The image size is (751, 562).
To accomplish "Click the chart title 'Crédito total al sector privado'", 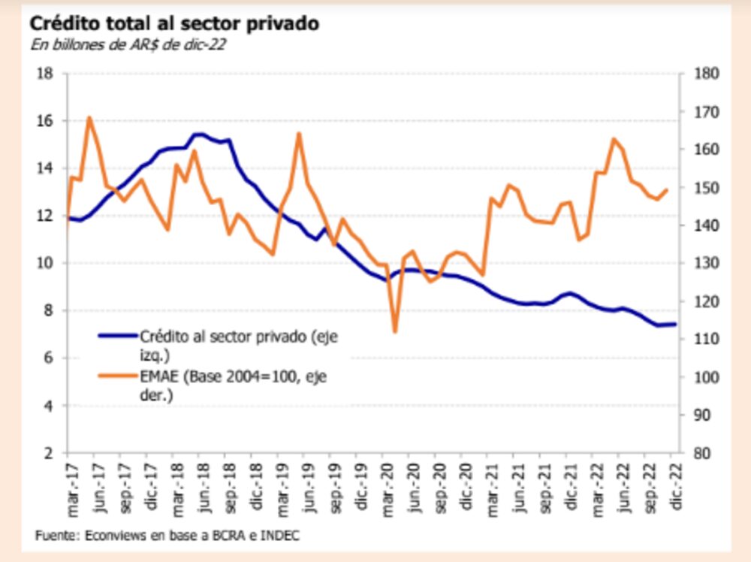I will pyautogui.click(x=174, y=23).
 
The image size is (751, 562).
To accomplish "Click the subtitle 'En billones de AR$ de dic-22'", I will pyautogui.click(x=128, y=44).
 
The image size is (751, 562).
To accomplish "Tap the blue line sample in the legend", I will pyautogui.click(x=118, y=337).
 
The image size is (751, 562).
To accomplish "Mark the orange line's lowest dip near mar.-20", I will pyautogui.click(x=395, y=331).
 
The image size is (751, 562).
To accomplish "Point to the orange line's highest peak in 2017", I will pyautogui.click(x=89, y=117).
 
